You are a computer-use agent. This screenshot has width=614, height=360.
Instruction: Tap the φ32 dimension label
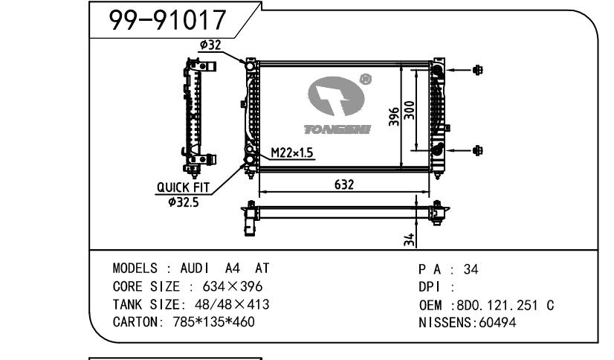point(210,45)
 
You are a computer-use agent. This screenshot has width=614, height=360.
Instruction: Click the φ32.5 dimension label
point(184,201)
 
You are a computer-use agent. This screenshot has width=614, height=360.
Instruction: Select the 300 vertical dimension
point(410,112)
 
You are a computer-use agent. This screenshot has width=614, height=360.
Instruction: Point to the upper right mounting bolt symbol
point(477,70)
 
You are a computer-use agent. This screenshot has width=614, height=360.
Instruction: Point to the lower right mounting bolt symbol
point(477,150)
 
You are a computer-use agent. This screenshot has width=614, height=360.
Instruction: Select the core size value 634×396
point(227,287)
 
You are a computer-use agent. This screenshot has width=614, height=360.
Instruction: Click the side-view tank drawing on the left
point(196,113)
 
